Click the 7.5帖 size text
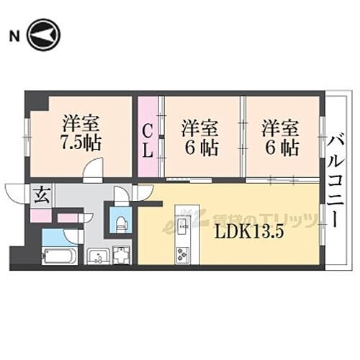81,140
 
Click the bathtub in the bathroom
59,255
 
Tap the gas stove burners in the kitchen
182,253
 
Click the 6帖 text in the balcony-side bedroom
280,149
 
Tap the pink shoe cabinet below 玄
40,215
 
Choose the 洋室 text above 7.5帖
81,120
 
